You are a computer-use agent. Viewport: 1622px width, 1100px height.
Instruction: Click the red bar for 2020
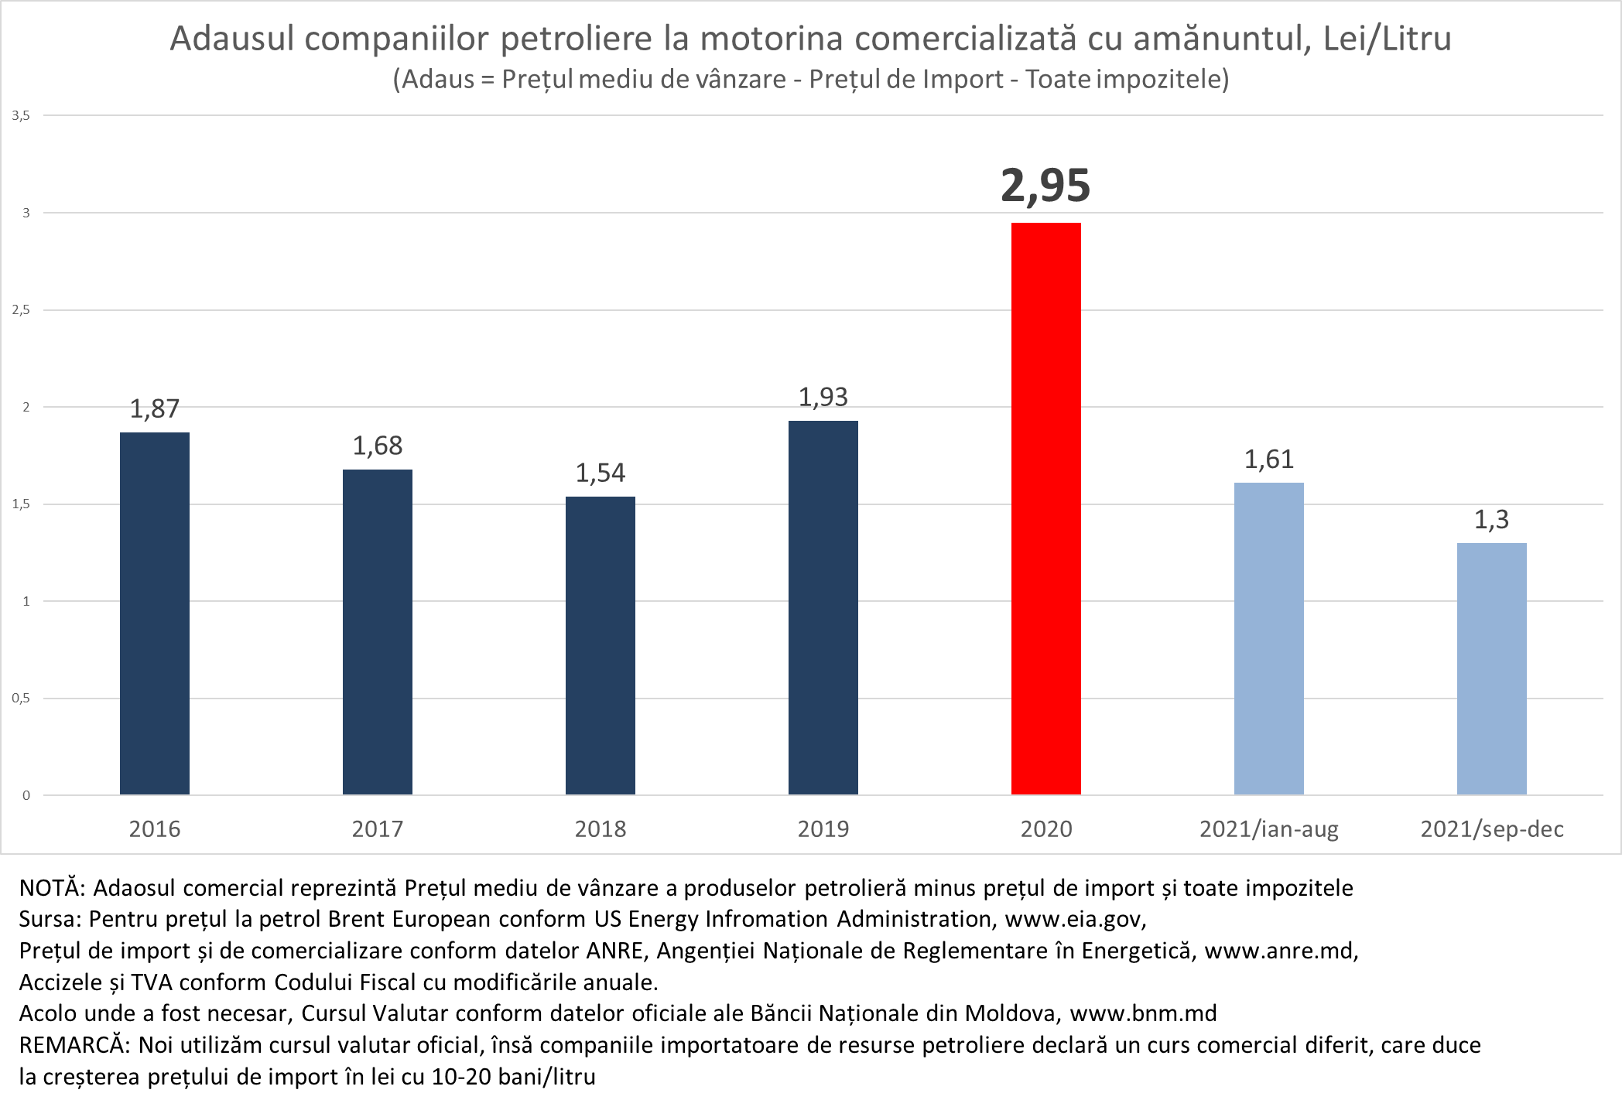pyautogui.click(x=1045, y=508)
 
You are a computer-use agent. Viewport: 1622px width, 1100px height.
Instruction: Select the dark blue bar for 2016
pyautogui.click(x=155, y=613)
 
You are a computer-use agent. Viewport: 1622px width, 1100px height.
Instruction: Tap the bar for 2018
pyautogui.click(x=601, y=645)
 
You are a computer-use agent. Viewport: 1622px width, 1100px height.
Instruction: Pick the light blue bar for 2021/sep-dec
pyautogui.click(x=1491, y=668)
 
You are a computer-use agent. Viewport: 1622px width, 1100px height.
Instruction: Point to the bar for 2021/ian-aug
pyautogui.click(x=1268, y=638)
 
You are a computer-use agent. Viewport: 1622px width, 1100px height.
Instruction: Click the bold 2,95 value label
pyautogui.click(x=1045, y=186)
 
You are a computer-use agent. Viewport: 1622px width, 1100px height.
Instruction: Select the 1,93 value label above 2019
pyautogui.click(x=823, y=398)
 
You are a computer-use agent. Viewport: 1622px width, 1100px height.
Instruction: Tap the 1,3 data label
pyautogui.click(x=1491, y=520)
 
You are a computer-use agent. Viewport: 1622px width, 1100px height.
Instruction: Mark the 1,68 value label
pyautogui.click(x=378, y=446)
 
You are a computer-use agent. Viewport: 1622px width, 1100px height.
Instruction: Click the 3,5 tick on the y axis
pyautogui.click(x=21, y=116)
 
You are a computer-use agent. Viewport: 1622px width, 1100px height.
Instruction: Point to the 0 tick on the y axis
pyautogui.click(x=26, y=795)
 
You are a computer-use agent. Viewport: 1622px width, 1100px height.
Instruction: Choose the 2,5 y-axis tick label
pyautogui.click(x=21, y=310)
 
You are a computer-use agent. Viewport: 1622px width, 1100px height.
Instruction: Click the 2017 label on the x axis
pyautogui.click(x=378, y=829)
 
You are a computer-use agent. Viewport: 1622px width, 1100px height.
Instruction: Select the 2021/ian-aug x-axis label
pyautogui.click(x=1268, y=829)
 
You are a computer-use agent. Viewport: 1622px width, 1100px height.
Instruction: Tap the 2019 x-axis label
pyautogui.click(x=823, y=829)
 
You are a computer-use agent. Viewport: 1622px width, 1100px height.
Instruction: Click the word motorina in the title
pyautogui.click(x=772, y=39)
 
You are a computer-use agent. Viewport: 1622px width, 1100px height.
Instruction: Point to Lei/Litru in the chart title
pyautogui.click(x=1387, y=39)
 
